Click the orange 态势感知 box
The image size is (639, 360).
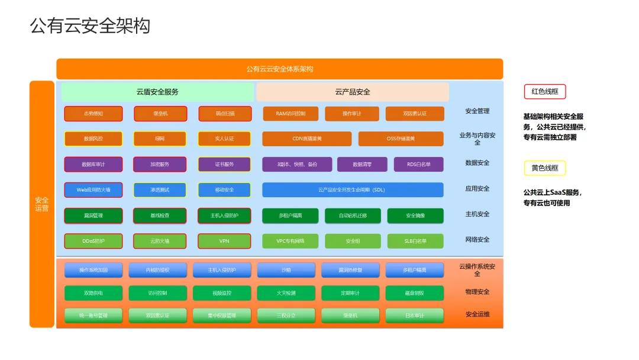(93, 114)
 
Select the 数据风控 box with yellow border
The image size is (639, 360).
(93, 139)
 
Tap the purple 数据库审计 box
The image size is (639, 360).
(93, 164)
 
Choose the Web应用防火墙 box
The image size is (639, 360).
(93, 189)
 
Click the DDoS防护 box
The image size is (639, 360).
(93, 241)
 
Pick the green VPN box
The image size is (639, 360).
(224, 241)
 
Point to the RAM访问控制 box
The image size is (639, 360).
(291, 114)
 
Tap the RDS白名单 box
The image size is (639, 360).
(418, 164)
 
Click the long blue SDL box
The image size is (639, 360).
(353, 189)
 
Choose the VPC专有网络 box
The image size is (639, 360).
(291, 241)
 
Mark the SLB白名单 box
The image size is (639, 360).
(415, 241)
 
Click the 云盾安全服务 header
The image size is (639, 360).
(157, 92)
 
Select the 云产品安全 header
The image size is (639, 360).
(353, 92)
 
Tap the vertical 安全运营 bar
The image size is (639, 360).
(42, 204)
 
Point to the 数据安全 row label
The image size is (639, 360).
(477, 163)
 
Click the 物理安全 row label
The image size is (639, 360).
(477, 292)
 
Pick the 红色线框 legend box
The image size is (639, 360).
(545, 92)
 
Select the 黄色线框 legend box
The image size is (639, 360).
(545, 168)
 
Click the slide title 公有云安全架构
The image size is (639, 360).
(90, 26)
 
